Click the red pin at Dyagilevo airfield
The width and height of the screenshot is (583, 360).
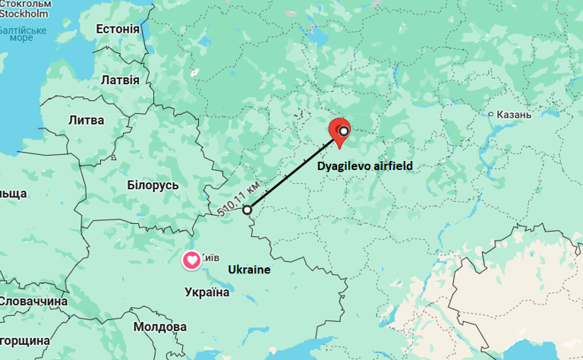pyautogui.click(x=338, y=130)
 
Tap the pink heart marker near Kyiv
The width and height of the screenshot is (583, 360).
pyautogui.click(x=192, y=261)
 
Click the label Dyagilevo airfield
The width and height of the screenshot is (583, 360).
pyautogui.click(x=365, y=165)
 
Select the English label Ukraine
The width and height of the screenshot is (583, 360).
pyautogui.click(x=249, y=270)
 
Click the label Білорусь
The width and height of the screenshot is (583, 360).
pyautogui.click(x=153, y=185)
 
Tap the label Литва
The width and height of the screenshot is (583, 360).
pyautogui.click(x=86, y=120)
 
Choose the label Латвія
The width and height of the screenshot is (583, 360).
pyautogui.click(x=120, y=80)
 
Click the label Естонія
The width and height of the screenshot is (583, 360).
pyautogui.click(x=118, y=29)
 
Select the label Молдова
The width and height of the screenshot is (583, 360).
pyautogui.click(x=159, y=327)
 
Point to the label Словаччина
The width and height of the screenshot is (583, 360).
pyautogui.click(x=33, y=302)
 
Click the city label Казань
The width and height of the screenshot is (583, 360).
pyautogui.click(x=514, y=115)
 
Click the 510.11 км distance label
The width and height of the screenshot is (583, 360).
pyautogui.click(x=239, y=199)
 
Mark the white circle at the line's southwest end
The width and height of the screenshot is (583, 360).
pyautogui.click(x=246, y=209)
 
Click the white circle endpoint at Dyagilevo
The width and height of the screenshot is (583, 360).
pyautogui.click(x=343, y=131)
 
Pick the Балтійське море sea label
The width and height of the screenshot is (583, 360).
pyautogui.click(x=23, y=34)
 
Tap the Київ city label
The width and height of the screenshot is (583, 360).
pyautogui.click(x=210, y=258)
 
